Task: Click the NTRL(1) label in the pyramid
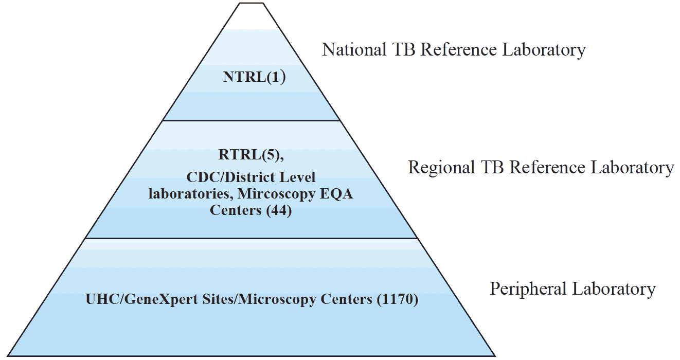[254, 77]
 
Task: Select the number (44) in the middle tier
[279, 211]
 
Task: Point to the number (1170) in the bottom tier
[398, 299]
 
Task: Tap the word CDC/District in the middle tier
[222, 178]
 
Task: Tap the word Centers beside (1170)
[350, 299]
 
